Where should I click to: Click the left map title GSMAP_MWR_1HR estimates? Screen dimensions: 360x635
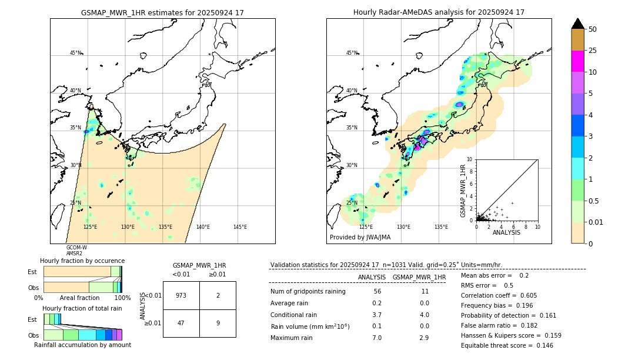pos(162,12)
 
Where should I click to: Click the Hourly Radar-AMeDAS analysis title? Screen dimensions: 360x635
pos(439,12)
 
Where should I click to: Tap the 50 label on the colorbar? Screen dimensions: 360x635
pos(593,29)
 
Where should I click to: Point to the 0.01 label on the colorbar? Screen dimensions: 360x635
pos(595,222)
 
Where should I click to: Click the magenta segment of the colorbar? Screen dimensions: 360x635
pos(577,61)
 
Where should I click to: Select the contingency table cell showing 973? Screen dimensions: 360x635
pos(181,295)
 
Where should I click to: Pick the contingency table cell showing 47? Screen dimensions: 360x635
pos(181,323)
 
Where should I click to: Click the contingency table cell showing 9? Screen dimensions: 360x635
pos(218,323)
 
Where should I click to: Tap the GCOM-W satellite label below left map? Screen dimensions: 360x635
pos(76,248)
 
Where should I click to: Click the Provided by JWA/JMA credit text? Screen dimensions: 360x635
pos(360,237)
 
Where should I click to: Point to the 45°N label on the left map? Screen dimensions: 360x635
pos(75,53)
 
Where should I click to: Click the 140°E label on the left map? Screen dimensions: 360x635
pos(203,227)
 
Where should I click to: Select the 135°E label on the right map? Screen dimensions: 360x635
pos(441,227)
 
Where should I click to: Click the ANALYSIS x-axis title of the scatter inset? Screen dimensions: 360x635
pos(506,232)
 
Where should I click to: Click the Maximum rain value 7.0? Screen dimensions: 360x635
pos(377,338)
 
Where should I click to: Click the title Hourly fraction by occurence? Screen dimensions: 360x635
pos(82,261)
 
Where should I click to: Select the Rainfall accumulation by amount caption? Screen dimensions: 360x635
pos(82,345)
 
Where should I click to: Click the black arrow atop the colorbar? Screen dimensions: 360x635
pos(577,24)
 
